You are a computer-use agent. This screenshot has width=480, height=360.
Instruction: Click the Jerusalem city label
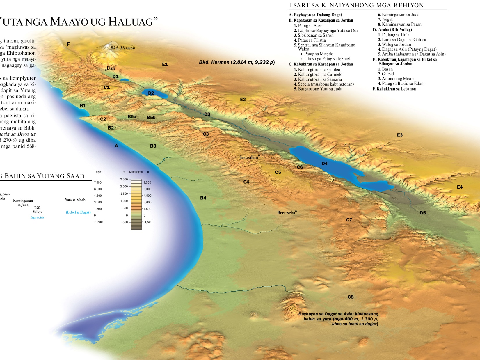point(249,157)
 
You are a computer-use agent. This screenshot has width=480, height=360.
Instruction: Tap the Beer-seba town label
point(286,213)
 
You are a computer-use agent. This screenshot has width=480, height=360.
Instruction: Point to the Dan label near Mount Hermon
point(111,68)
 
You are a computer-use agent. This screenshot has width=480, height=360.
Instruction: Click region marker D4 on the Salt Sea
point(325,164)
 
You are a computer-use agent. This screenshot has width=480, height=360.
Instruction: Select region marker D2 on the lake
point(151,93)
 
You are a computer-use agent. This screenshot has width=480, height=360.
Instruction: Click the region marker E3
point(400,135)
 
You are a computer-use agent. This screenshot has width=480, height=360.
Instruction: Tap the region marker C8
point(351,297)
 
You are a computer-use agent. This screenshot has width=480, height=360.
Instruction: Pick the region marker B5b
point(151,118)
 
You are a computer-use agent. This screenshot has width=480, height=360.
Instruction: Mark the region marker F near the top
point(68,44)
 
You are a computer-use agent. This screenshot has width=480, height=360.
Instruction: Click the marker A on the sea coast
point(116,146)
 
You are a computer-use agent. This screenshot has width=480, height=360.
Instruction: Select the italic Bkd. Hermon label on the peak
point(122,48)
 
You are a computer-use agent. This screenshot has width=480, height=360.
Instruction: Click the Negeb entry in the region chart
point(387,19)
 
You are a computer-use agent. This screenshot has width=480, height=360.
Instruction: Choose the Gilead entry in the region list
point(387,74)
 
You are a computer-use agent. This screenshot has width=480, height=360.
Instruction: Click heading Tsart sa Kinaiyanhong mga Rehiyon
point(356,5)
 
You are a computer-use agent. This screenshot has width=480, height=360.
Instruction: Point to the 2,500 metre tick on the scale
point(124,179)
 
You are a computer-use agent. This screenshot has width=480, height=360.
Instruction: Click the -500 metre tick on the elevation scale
point(125,222)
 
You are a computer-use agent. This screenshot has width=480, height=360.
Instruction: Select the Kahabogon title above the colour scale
point(136,172)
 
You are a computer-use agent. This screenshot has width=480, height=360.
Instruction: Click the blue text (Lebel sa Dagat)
point(78,212)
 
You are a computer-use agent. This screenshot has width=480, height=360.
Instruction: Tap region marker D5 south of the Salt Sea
point(423,213)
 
